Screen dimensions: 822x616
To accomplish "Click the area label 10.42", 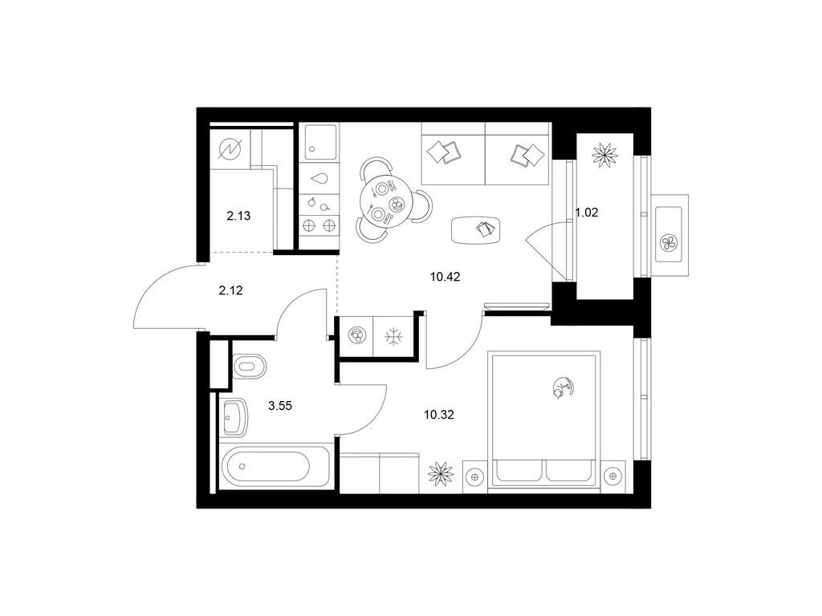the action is click(x=445, y=277).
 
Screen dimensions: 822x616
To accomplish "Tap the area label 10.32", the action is click(x=439, y=415).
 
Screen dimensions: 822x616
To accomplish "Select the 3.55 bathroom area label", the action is click(x=280, y=405).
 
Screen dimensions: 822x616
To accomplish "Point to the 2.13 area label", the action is click(x=238, y=215).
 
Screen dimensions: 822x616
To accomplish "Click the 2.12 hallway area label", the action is click(x=230, y=290).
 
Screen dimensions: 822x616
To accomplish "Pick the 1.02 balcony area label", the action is click(x=587, y=213).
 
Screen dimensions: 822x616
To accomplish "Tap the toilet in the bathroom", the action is click(x=249, y=365).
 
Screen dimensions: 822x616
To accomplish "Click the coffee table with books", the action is click(x=476, y=229).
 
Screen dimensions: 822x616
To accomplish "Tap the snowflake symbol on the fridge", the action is click(x=391, y=336).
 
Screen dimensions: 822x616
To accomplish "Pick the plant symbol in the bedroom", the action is click(x=441, y=474).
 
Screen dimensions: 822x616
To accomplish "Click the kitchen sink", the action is click(x=320, y=142).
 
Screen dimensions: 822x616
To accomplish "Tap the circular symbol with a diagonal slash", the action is click(x=230, y=150).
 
